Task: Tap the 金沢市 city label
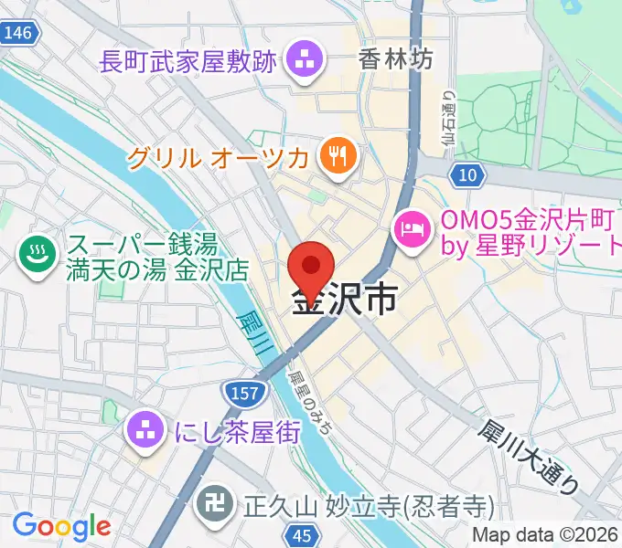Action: [x=345, y=299]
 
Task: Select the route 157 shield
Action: [x=242, y=393]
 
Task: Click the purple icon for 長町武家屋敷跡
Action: [x=301, y=62]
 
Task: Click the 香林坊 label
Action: [x=395, y=60]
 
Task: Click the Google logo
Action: [x=61, y=525]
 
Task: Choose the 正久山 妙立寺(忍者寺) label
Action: [x=367, y=505]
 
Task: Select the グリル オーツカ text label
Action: [x=218, y=157]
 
